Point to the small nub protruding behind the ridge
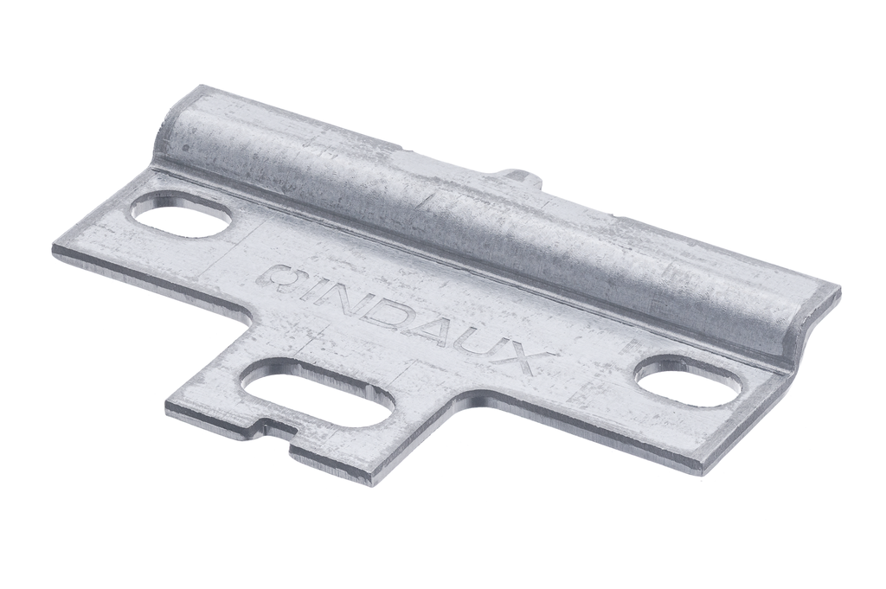point(520,176)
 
